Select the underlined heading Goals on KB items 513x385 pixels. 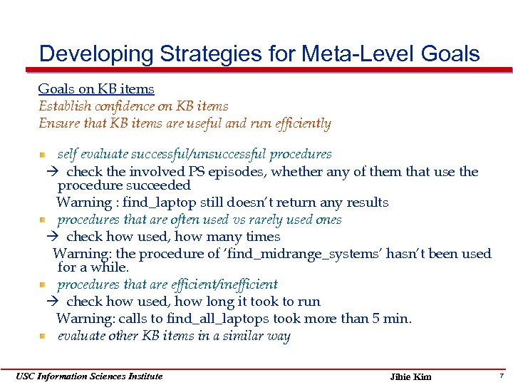click(x=96, y=89)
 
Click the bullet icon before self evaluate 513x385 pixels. click(x=43, y=155)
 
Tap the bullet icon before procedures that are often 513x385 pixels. click(x=43, y=220)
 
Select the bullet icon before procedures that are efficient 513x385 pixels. click(x=43, y=285)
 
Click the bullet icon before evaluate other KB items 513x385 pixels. click(x=43, y=337)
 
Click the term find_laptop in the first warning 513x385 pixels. click(x=155, y=202)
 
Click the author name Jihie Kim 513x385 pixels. click(x=411, y=376)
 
